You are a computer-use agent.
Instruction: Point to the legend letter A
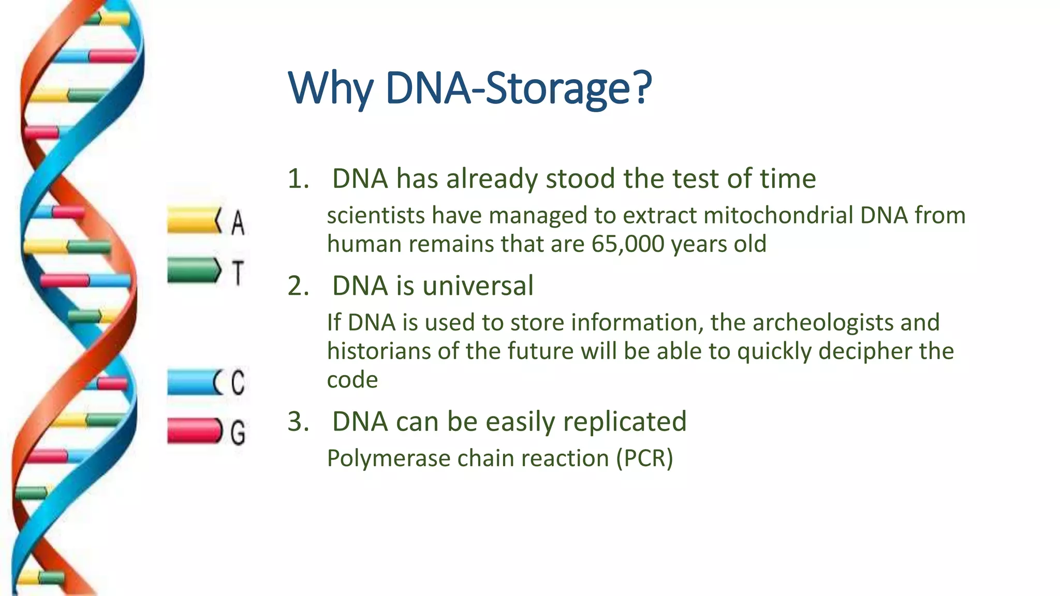238,222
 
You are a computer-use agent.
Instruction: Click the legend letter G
238,433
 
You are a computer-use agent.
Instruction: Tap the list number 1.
297,179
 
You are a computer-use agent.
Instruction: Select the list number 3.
298,422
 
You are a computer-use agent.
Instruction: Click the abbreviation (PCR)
644,459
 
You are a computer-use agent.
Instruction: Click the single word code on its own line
352,380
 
